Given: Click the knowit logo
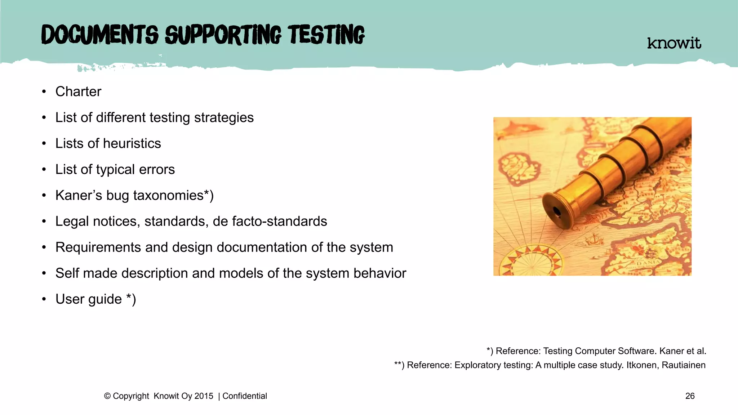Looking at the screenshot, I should [674, 43].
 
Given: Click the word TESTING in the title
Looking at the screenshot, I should [326, 35].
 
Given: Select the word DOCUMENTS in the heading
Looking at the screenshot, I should [100, 35].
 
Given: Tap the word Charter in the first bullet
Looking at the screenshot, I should [78, 92].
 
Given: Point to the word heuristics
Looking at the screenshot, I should [132, 143].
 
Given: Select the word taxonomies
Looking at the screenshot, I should [168, 195].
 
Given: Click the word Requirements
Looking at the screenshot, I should [98, 247].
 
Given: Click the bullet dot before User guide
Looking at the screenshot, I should [44, 299].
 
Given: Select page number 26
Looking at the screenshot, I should [690, 396].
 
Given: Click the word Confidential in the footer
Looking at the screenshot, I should [245, 396].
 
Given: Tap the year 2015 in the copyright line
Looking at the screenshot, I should [204, 396].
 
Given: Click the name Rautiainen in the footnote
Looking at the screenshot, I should [684, 365].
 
